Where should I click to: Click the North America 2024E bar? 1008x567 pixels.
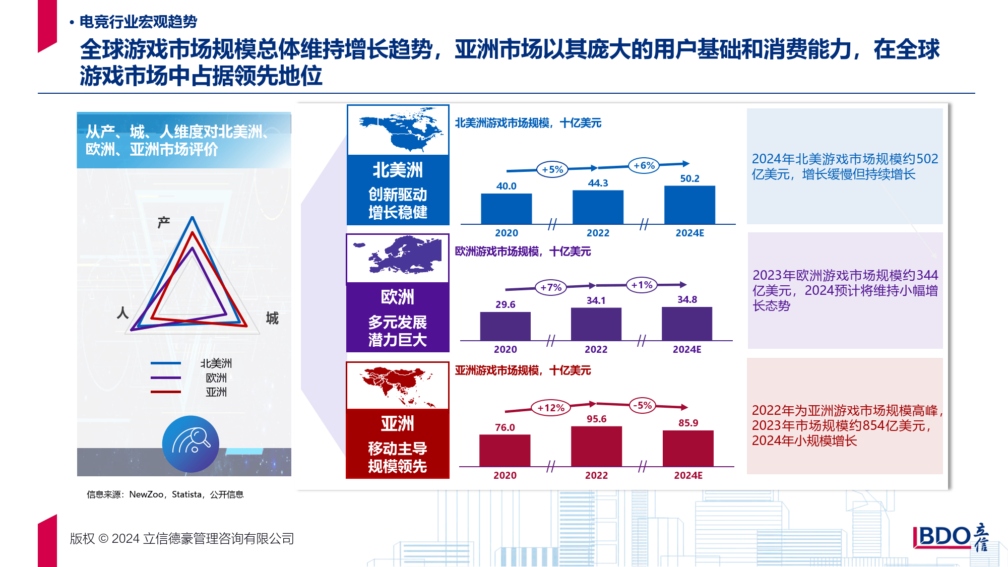689,205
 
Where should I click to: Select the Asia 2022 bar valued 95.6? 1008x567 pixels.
596,447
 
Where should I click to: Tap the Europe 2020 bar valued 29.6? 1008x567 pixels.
505,326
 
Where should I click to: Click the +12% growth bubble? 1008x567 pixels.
551,408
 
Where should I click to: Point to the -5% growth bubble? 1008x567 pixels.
643,405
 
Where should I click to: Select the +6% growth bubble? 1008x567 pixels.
644,165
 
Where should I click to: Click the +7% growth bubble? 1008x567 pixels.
551,287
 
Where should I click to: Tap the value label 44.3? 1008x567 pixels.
598,183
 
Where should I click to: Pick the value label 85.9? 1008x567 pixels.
688,423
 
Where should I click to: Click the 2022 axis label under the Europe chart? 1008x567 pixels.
596,349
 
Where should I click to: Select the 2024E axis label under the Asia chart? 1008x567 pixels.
688,475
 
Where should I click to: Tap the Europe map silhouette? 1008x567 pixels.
398,255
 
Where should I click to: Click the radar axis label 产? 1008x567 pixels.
164,222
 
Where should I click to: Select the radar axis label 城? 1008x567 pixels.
272,318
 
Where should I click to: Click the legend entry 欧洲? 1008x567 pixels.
216,377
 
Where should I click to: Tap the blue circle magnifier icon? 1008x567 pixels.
191,444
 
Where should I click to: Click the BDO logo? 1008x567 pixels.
951,537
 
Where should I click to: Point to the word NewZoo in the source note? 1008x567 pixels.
146,494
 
